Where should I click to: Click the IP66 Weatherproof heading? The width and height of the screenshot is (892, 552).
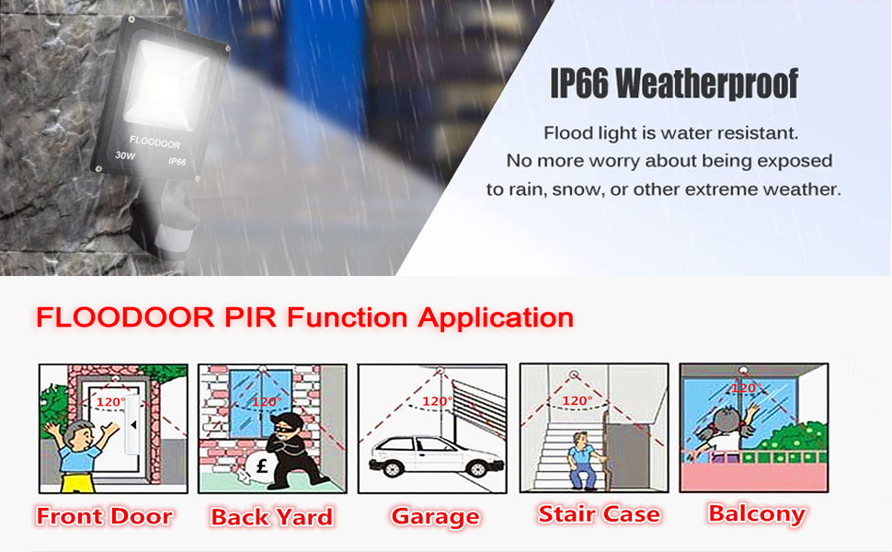tap(674, 84)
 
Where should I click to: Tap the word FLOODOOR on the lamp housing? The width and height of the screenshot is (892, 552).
tap(155, 144)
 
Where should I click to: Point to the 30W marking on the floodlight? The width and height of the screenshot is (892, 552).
tap(124, 155)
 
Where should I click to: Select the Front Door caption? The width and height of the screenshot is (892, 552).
tap(105, 516)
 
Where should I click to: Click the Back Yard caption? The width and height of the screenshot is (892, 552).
tap(271, 517)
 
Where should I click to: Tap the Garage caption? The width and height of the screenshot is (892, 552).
tap(435, 517)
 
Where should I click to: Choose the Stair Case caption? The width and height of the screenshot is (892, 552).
tap(599, 514)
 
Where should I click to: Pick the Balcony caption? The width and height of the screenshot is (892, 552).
tap(757, 513)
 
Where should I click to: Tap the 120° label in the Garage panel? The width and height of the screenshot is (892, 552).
tap(436, 401)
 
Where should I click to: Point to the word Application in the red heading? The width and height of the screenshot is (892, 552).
tap(496, 318)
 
